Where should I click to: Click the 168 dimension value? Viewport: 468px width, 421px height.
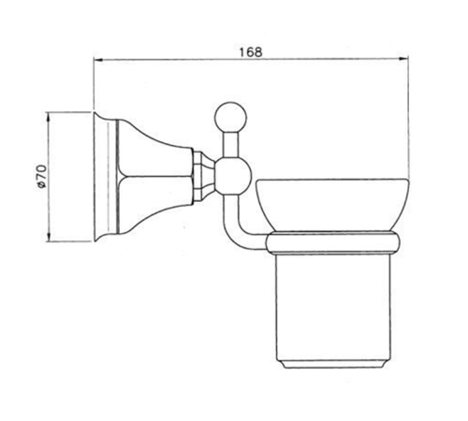coord(251,51)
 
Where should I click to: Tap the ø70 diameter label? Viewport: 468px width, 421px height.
coord(41,177)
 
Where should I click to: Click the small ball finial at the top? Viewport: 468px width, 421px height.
coord(230,118)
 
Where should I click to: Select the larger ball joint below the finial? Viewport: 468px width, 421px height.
coord(234,176)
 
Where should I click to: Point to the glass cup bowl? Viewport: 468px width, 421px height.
coord(332,205)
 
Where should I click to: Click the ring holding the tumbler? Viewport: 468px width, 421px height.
coord(332,242)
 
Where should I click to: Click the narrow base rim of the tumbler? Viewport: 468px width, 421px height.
coord(333,365)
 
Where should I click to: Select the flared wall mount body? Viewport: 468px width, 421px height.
coord(154,177)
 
